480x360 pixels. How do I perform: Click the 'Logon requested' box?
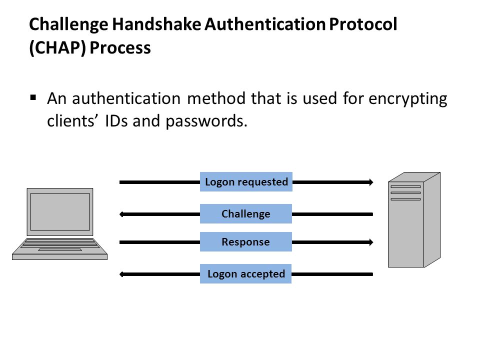pyautogui.click(x=246, y=182)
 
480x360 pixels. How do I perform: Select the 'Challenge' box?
pyautogui.click(x=246, y=213)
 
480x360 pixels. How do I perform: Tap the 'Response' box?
pyautogui.click(x=246, y=242)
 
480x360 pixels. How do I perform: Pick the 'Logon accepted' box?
pyautogui.click(x=245, y=273)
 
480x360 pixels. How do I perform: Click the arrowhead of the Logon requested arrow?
pyautogui.click(x=371, y=182)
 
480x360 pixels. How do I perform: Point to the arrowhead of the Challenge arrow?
pyautogui.click(x=121, y=214)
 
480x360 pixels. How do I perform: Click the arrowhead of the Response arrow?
pyautogui.click(x=371, y=242)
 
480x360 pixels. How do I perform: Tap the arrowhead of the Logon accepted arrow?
pyautogui.click(x=121, y=274)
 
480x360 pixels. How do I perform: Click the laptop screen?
pyautogui.click(x=60, y=212)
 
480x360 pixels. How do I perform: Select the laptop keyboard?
pyautogui.click(x=60, y=243)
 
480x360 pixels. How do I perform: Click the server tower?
pyautogui.click(x=414, y=219)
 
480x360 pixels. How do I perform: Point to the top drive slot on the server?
pyautogui.click(x=405, y=186)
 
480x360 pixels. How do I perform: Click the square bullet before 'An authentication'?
pyautogui.click(x=33, y=98)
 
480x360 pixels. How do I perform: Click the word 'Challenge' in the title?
pyautogui.click(x=68, y=24)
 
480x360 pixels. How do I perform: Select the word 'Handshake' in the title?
pyautogui.click(x=156, y=24)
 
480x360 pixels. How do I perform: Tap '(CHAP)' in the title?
pyautogui.click(x=57, y=48)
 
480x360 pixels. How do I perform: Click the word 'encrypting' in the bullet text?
pyautogui.click(x=408, y=99)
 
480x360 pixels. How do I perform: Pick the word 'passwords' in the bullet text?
pyautogui.click(x=205, y=121)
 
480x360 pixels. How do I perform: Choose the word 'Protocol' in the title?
pyautogui.click(x=363, y=24)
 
